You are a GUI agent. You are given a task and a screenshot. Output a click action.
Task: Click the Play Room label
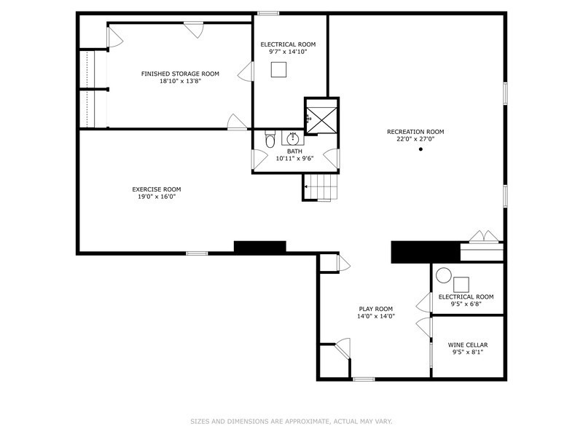tap(376, 308)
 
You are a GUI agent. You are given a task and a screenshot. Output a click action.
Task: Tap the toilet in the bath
tap(270, 140)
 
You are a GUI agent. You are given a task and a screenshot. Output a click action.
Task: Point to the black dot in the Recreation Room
tap(420, 149)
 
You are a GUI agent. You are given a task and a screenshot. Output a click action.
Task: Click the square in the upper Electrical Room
tap(280, 69)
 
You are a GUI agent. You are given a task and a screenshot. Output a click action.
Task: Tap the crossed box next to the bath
tap(321, 117)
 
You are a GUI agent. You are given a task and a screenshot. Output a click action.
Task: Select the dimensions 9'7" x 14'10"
tap(288, 52)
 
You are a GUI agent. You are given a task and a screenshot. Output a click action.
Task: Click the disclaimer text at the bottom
tap(292, 421)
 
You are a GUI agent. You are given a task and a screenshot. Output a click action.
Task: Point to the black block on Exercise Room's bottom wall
tap(260, 248)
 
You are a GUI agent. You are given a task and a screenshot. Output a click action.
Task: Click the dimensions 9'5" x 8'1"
tap(468, 353)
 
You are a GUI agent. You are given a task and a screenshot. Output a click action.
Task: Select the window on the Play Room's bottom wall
tap(364, 379)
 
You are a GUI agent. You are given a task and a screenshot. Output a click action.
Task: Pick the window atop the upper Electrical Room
tap(268, 12)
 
